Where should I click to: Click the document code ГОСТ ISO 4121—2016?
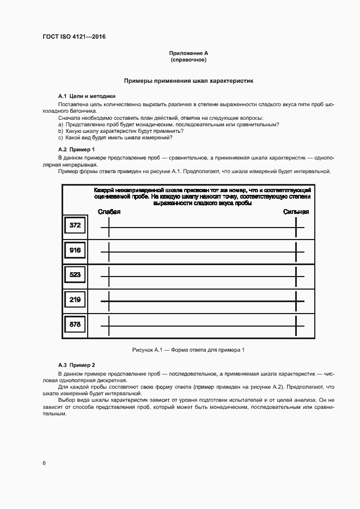(x=74, y=36)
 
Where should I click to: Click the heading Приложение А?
(x=188, y=53)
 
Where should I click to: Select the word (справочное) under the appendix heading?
(x=188, y=59)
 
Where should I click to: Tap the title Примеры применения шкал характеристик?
(x=188, y=80)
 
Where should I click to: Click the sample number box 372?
(x=75, y=225)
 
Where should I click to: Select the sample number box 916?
(x=75, y=250)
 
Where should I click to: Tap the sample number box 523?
(x=75, y=275)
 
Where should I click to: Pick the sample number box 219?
(x=75, y=299)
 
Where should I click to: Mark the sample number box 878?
(x=75, y=324)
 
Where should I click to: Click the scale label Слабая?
(x=109, y=212)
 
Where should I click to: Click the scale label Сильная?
(x=296, y=212)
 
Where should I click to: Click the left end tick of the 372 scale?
(x=109, y=226)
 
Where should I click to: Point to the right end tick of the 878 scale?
(x=296, y=327)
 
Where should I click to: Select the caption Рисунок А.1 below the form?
(x=188, y=349)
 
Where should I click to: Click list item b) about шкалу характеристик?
(x=120, y=131)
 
